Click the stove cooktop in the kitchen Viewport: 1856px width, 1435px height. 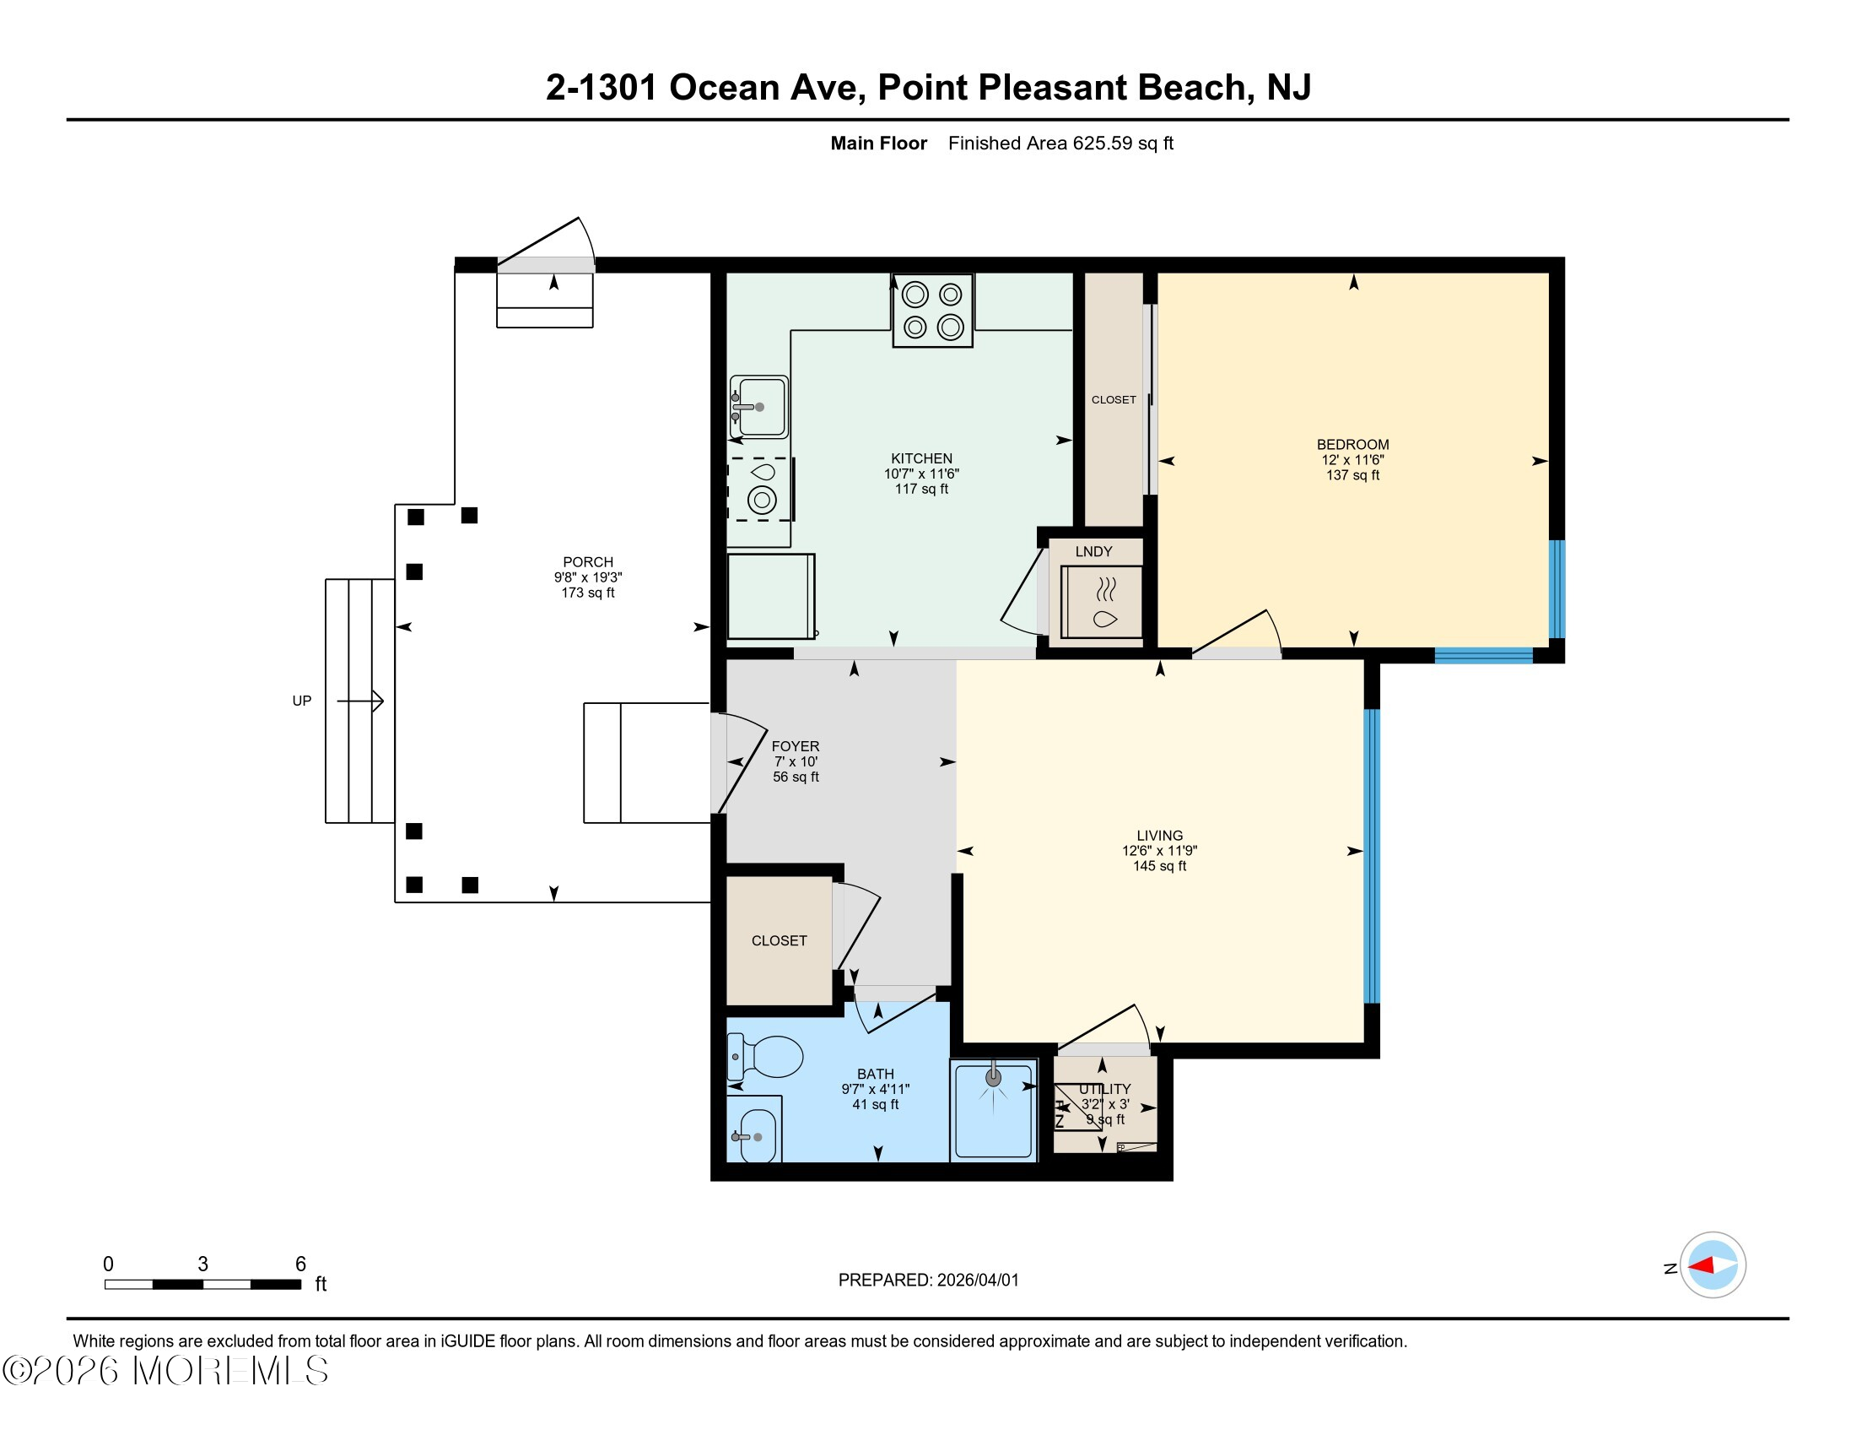pyautogui.click(x=932, y=311)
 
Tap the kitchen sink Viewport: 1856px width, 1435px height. pyautogui.click(x=759, y=407)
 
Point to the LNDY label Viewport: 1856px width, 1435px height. pyautogui.click(x=1093, y=552)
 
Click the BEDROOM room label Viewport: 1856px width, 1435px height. pyautogui.click(x=1352, y=445)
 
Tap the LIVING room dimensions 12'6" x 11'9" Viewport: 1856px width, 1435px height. pyautogui.click(x=1159, y=851)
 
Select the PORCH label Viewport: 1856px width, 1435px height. pyautogui.click(x=587, y=562)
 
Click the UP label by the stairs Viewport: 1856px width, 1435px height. pyautogui.click(x=302, y=701)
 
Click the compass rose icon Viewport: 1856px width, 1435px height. pyautogui.click(x=1713, y=1265)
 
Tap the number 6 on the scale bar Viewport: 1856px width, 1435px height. pyautogui.click(x=300, y=1264)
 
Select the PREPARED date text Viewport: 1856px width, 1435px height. pyautogui.click(x=928, y=1281)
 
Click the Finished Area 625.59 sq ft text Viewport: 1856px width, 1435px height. pyautogui.click(x=1060, y=143)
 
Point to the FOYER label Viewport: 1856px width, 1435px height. pyautogui.click(x=796, y=746)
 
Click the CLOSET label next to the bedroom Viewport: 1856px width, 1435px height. pyautogui.click(x=1114, y=399)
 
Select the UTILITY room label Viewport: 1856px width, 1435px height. pyautogui.click(x=1105, y=1089)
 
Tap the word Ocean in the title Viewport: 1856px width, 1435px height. pyautogui.click(x=724, y=88)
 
